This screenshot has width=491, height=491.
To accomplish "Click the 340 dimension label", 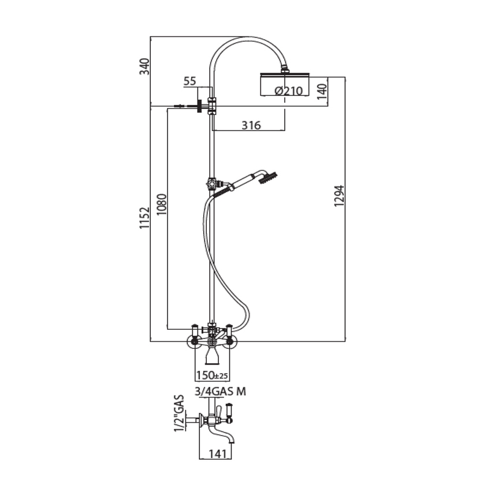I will coord(145,66).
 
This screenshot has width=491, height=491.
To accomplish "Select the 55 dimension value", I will coord(189,81).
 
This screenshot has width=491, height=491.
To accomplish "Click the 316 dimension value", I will coord(251,125).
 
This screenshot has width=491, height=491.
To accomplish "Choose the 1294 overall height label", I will coord(339,196).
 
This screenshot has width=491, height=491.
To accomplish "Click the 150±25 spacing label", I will coord(212,376).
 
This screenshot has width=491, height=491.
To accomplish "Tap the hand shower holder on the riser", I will coord(212,185).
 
